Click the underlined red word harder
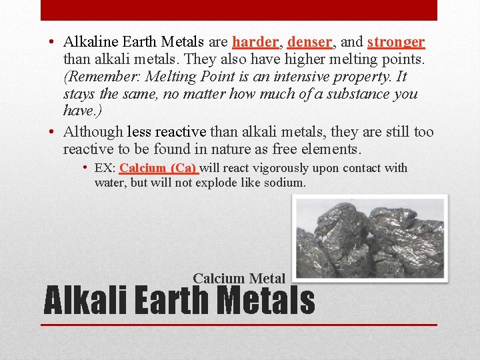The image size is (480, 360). (x=255, y=42)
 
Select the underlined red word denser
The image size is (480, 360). (x=309, y=42)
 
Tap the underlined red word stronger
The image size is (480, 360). (x=396, y=42)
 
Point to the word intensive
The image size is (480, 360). (x=279, y=77)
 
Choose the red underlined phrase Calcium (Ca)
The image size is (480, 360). (x=158, y=168)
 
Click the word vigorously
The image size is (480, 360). (x=273, y=168)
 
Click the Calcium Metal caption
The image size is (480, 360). (x=239, y=279)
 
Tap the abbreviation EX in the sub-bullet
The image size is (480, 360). (x=104, y=168)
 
